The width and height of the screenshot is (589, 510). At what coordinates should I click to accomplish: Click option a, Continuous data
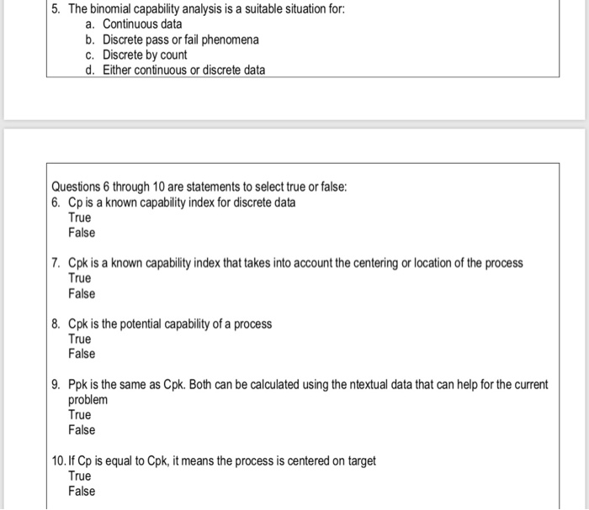click(141, 24)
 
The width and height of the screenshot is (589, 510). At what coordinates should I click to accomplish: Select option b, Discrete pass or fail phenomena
click(180, 39)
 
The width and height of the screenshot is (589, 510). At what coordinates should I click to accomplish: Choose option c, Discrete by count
click(145, 55)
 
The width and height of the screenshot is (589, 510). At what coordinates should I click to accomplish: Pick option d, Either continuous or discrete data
click(183, 70)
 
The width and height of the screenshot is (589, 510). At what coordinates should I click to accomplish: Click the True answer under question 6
click(80, 218)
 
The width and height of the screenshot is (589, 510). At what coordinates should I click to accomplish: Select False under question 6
click(82, 233)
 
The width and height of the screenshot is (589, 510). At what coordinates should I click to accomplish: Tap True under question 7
click(80, 278)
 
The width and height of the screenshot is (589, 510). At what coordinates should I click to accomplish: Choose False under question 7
click(82, 293)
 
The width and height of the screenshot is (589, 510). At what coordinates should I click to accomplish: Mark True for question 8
click(80, 339)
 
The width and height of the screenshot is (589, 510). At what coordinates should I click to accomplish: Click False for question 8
click(82, 354)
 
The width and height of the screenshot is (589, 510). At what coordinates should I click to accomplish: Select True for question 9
click(80, 414)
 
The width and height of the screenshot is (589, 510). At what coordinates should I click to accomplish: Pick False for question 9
click(82, 429)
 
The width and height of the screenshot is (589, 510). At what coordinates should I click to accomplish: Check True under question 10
click(80, 476)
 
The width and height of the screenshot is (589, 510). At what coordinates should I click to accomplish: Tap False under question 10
click(82, 492)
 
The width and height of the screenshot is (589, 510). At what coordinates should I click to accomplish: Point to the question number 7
click(55, 263)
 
